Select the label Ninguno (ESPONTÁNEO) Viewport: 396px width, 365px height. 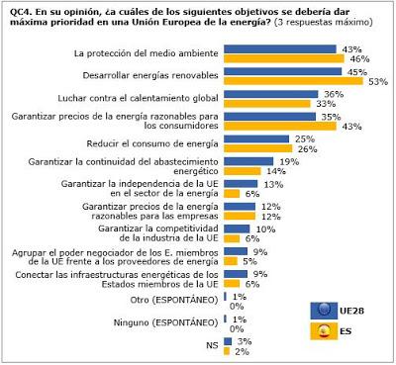point(165,322)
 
